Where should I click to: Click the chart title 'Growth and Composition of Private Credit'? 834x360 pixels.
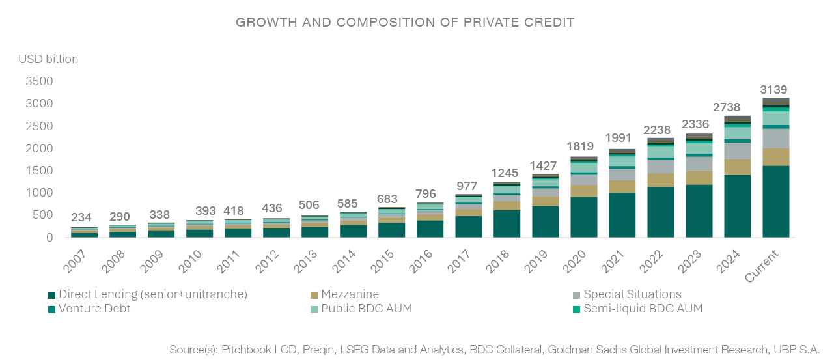405,23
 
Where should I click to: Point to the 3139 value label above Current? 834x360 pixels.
776,89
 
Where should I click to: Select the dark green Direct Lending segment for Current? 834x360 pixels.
776,201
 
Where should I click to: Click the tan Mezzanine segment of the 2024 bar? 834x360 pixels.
738,167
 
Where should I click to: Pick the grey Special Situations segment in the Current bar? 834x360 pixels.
776,138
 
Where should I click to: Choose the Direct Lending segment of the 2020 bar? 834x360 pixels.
584,217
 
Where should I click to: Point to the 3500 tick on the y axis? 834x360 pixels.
40,82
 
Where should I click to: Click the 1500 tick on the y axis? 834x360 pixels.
40,171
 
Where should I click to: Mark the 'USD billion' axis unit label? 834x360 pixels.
48,59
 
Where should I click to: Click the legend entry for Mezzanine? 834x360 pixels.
350,294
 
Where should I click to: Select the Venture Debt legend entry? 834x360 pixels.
94,309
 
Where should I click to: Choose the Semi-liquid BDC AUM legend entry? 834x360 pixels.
643,309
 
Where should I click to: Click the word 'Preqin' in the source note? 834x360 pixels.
318,350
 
